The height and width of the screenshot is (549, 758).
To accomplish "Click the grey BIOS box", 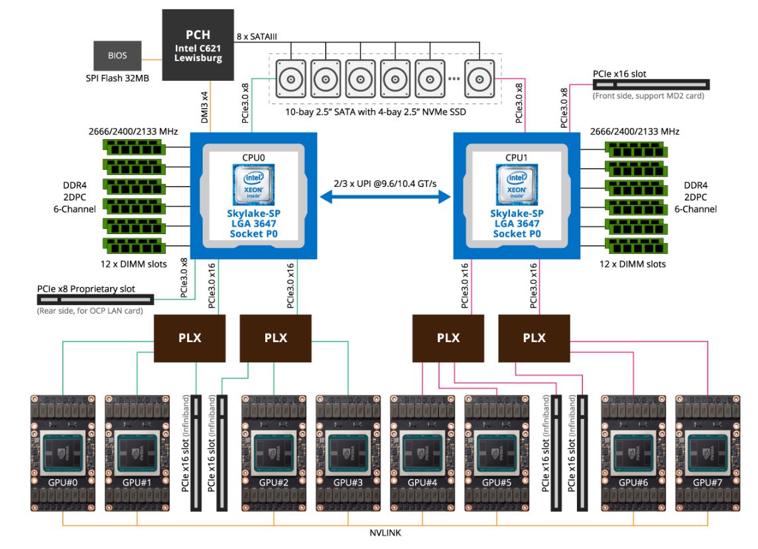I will tap(117, 56).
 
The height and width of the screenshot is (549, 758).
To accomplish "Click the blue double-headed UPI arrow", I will tap(385, 196).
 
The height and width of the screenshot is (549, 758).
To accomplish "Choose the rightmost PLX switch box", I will tap(534, 338).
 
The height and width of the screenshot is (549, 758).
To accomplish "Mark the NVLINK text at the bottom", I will tap(385, 532).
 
